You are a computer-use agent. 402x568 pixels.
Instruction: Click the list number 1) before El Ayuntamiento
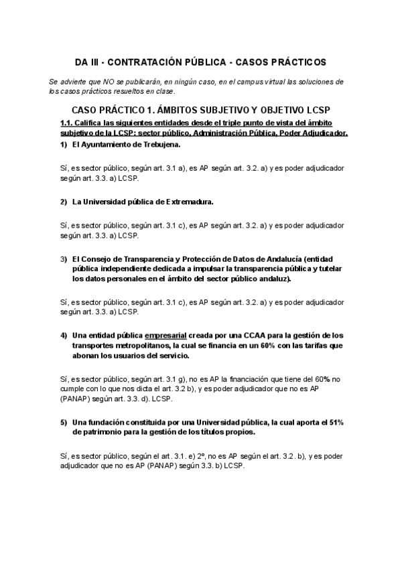64,144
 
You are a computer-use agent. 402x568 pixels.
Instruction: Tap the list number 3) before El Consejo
64,259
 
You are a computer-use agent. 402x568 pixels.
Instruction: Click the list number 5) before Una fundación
64,422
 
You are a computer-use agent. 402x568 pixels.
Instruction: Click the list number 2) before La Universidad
64,201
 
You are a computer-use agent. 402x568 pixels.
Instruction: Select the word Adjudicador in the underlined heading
324,133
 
